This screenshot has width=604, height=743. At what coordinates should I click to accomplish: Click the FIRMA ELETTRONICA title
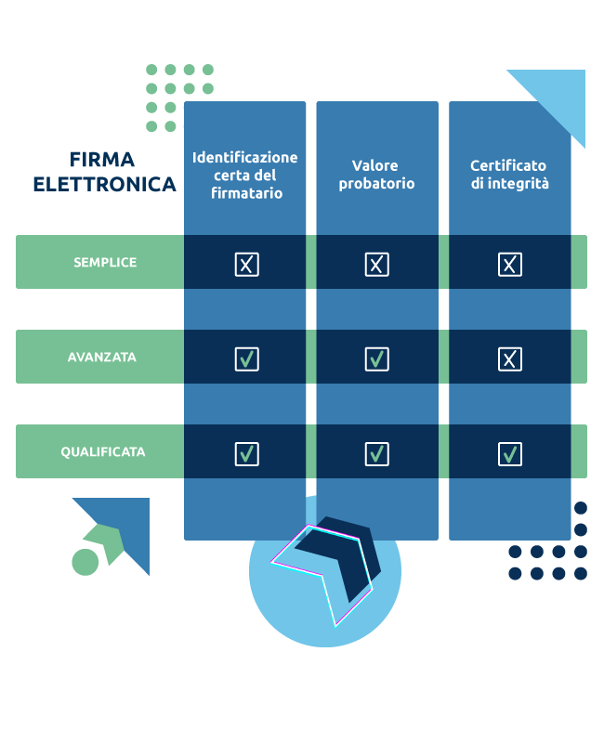point(104,172)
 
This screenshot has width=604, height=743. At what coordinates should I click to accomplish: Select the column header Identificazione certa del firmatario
point(245,175)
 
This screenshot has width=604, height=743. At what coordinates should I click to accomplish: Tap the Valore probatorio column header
point(376,175)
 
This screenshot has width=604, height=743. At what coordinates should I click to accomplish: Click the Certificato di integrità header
point(509,175)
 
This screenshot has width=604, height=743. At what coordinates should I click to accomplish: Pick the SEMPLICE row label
point(105,263)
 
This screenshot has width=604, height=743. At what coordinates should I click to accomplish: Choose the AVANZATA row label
point(102,358)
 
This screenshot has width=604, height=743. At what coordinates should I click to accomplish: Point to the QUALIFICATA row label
point(103,452)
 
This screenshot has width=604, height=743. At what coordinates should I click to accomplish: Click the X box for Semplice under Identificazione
point(246,265)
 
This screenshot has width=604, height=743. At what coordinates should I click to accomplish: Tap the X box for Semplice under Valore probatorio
point(376,265)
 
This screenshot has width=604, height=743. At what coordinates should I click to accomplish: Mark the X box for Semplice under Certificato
point(509,265)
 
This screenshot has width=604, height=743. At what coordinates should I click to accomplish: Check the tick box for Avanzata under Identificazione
point(246,358)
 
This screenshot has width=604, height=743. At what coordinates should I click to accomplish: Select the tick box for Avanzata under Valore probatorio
point(376,358)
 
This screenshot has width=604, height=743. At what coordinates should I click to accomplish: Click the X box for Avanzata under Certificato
point(509,359)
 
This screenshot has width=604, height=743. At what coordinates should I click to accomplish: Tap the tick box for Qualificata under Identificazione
point(246,453)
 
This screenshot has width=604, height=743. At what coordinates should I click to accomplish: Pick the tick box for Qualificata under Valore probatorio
point(376,453)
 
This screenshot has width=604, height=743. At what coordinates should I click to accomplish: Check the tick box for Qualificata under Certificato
point(509,453)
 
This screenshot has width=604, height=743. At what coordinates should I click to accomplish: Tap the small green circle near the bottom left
point(85,562)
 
